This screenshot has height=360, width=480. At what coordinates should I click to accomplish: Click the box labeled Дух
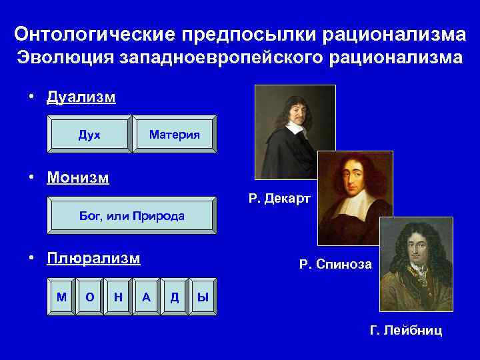click(x=89, y=135)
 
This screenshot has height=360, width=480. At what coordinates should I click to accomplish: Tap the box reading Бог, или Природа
click(x=132, y=216)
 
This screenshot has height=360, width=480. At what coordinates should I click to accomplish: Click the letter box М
click(x=61, y=297)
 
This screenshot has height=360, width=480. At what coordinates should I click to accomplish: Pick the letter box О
click(x=90, y=297)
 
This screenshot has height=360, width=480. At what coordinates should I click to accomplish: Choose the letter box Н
click(x=118, y=297)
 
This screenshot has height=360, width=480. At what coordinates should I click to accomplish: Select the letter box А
click(x=146, y=297)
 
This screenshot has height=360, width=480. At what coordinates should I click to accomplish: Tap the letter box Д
click(x=174, y=297)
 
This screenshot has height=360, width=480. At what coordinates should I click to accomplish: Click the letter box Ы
click(x=202, y=297)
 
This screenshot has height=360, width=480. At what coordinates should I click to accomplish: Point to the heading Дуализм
click(x=81, y=97)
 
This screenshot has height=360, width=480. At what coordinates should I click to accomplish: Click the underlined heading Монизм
click(x=78, y=178)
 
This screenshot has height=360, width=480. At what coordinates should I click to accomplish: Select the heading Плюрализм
click(x=93, y=259)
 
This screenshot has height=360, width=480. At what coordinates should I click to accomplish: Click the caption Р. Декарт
click(x=279, y=198)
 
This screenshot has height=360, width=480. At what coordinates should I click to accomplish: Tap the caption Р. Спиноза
click(x=335, y=265)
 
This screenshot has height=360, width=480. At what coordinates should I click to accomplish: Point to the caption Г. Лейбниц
click(x=405, y=330)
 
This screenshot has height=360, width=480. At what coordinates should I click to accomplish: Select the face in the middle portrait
click(x=354, y=175)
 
